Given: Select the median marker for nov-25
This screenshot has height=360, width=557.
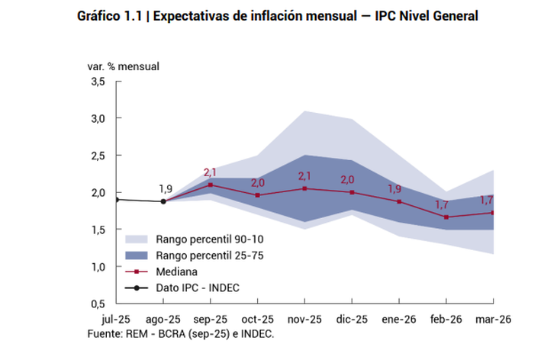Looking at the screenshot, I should click(305, 188).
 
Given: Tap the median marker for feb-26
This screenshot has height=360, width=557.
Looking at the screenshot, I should click(446, 217).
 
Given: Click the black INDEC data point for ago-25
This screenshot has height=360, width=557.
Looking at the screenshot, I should click(163, 201).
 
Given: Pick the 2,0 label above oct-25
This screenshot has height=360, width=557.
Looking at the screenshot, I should click(258, 183).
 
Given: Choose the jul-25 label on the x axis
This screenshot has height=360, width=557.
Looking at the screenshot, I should click(116, 320).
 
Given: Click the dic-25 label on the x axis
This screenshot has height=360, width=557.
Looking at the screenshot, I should click(353, 320).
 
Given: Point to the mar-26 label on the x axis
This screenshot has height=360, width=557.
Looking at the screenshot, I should click(494, 320).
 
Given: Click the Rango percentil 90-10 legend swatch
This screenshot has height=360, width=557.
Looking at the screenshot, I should click(137, 239).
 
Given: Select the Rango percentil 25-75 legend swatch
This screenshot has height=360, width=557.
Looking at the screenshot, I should click(137, 255).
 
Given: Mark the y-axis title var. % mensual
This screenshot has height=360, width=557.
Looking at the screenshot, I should click(122, 66).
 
